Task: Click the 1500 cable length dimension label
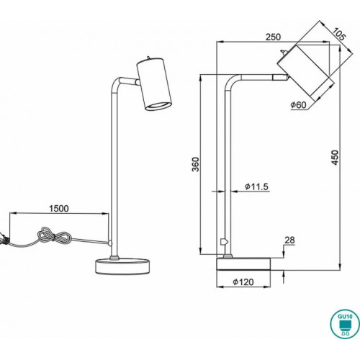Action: point(59,209)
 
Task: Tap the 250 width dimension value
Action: point(273,37)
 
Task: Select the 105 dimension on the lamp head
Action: point(339,34)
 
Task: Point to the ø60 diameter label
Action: point(298,105)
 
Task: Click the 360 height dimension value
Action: point(196,164)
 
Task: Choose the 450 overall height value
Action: point(335,158)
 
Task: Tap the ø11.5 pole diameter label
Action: point(256,186)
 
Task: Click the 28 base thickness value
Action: point(289,240)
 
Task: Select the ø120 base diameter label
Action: point(243,282)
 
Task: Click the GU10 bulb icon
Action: point(345,324)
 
